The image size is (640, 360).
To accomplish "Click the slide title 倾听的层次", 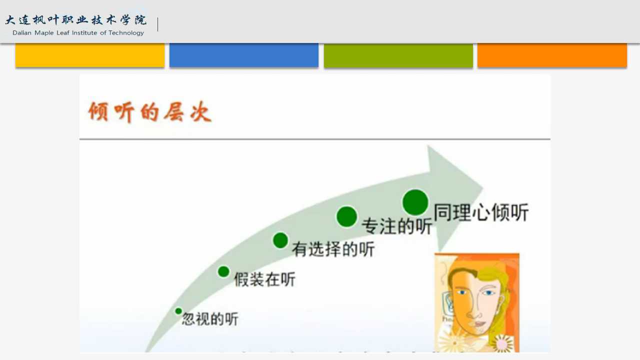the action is pyautogui.click(x=150, y=111).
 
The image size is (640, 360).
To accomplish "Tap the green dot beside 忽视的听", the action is pyautogui.click(x=178, y=311).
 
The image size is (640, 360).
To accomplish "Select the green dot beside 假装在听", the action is pyautogui.click(x=223, y=271).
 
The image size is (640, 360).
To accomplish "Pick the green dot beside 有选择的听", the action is pyautogui.click(x=280, y=240).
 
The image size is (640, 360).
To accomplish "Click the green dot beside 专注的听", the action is pyautogui.click(x=347, y=216).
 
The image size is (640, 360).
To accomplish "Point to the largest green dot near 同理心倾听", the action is pyautogui.click(x=415, y=202).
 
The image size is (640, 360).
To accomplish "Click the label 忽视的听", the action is pyautogui.click(x=210, y=319).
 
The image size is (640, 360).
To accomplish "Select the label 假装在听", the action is pyautogui.click(x=264, y=279).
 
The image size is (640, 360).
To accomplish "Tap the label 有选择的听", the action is pyautogui.click(x=333, y=249).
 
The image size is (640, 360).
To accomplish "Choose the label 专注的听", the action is pyautogui.click(x=397, y=226).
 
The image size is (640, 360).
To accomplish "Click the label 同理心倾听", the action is pyautogui.click(x=481, y=212).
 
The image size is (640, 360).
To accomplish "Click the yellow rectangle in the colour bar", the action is pyautogui.click(x=90, y=55).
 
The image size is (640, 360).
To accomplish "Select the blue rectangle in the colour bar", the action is pyautogui.click(x=244, y=55).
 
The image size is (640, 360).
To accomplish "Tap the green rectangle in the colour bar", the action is pyautogui.click(x=398, y=55).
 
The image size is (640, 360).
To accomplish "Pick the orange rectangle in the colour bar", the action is pyautogui.click(x=552, y=55).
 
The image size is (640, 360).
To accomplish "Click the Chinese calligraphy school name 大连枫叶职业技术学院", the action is pyautogui.click(x=76, y=20).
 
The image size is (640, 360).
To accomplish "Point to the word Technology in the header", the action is pyautogui.click(x=126, y=33).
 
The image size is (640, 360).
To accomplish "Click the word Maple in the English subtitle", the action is pyautogui.click(x=44, y=33).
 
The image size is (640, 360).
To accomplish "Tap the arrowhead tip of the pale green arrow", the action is pyautogui.click(x=483, y=188).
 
